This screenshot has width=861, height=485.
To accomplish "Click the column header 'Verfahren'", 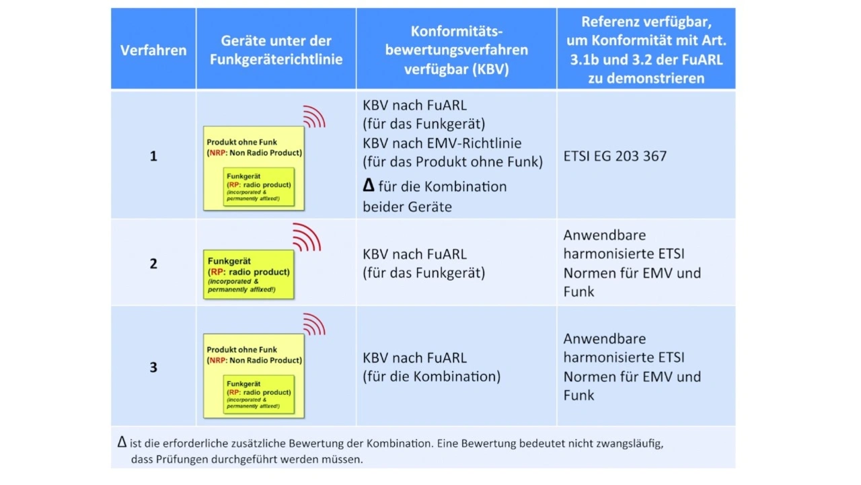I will (153, 50).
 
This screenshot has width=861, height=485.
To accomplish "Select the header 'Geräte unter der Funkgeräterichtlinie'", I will (276, 50).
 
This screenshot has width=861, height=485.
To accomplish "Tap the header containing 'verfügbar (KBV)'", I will (456, 69).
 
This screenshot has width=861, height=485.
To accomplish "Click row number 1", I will (153, 156).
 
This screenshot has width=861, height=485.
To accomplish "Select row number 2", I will (153, 264).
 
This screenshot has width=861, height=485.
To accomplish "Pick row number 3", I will (153, 367).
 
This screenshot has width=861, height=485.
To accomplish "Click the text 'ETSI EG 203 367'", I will (615, 156).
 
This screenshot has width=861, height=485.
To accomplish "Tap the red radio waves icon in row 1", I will (314, 116).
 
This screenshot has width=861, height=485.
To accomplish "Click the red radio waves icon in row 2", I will (307, 237).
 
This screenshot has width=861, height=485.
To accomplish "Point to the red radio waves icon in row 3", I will (314, 324).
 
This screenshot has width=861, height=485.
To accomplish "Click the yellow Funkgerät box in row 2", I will (249, 274).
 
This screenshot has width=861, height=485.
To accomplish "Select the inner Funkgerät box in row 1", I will (259, 186).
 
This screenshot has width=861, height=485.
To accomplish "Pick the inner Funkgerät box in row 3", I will (259, 394).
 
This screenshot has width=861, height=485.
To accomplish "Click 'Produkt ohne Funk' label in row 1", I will (242, 143).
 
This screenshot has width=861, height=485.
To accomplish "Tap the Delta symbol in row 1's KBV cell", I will (368, 186).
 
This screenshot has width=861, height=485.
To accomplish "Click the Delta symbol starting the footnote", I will (122, 442).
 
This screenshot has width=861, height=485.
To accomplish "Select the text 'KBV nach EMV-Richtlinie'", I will (442, 143).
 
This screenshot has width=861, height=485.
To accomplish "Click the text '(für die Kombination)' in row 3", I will (431, 377).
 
